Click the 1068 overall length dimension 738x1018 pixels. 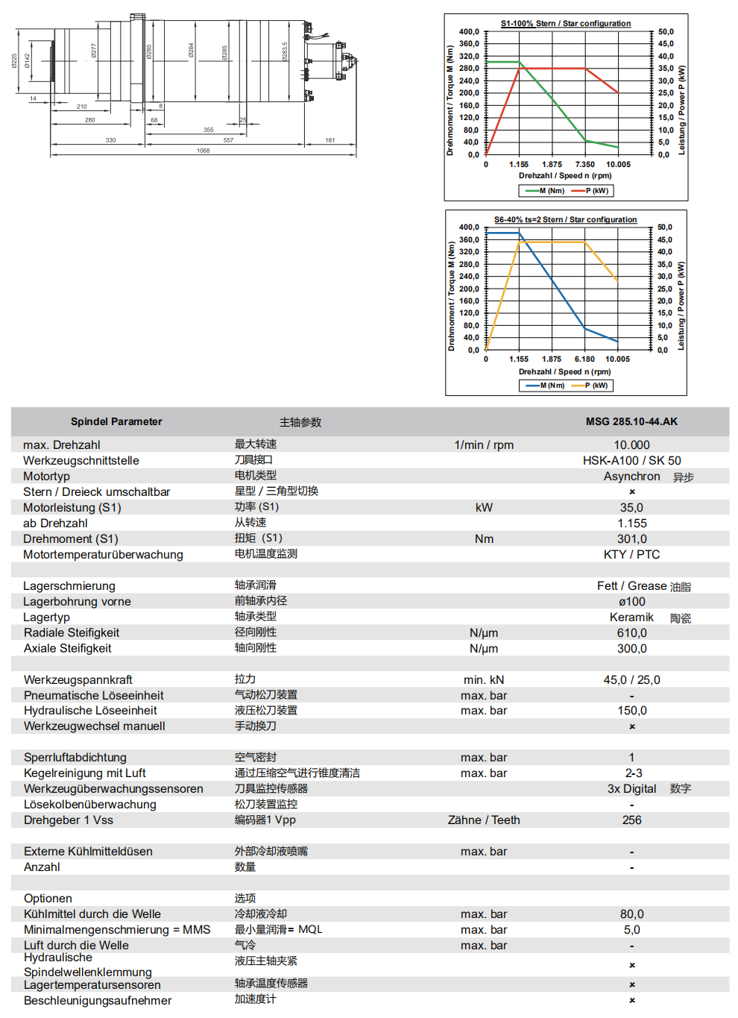pos(203,151)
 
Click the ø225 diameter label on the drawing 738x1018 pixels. pos(15,60)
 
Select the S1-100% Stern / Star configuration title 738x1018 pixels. pos(565,24)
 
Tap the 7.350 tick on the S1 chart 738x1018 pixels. pos(584,165)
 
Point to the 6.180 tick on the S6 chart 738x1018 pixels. pos(584,359)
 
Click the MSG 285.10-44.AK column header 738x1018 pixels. pos(631,421)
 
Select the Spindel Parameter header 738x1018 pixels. pos(116,421)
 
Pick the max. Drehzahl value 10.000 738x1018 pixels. pos(631,445)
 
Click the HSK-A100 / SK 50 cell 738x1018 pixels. pos(631,461)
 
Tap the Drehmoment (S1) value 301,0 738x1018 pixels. pos(631,539)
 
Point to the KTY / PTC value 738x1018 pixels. pos(631,555)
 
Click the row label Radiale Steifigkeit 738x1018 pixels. pos(72,633)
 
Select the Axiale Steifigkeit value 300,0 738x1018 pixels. pos(631,649)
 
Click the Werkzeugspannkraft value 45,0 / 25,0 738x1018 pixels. pos(631,680)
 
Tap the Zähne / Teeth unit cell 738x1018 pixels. pos(484,820)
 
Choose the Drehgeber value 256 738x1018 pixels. pos(631,820)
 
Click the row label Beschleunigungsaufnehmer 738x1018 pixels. pos(98,1001)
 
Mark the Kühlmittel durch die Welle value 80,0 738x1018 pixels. pos(631,914)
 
